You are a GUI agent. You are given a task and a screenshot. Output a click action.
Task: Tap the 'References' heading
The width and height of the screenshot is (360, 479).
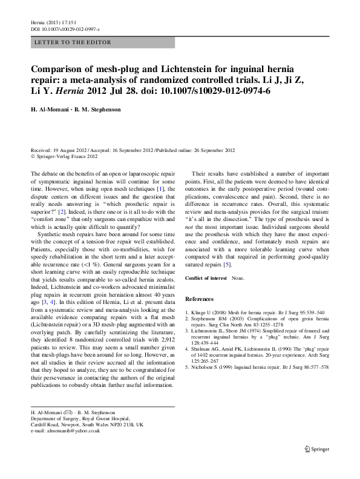coord(199,299)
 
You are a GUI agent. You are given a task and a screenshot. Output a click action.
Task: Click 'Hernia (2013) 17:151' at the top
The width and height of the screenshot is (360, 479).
coord(53,22)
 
